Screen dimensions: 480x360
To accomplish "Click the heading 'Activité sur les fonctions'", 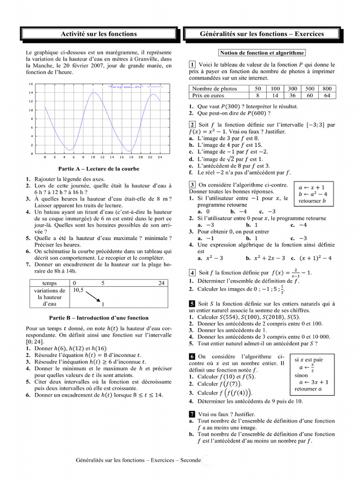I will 99,34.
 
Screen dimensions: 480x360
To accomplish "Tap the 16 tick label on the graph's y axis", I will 31,84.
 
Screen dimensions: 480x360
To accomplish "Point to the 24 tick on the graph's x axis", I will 160,157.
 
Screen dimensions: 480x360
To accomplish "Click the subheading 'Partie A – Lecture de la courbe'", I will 98,169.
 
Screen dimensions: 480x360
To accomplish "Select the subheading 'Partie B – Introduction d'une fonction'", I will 98,317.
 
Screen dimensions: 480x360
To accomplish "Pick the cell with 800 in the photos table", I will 327,89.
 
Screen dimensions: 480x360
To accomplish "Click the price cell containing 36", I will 292,95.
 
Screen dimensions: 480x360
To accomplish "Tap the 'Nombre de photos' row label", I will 215,89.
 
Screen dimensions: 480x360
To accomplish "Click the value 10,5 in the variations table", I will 78,290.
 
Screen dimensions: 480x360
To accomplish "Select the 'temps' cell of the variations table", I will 49,283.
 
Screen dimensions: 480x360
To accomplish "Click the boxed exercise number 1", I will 192,65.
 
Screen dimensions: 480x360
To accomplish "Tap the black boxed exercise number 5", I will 192,304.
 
